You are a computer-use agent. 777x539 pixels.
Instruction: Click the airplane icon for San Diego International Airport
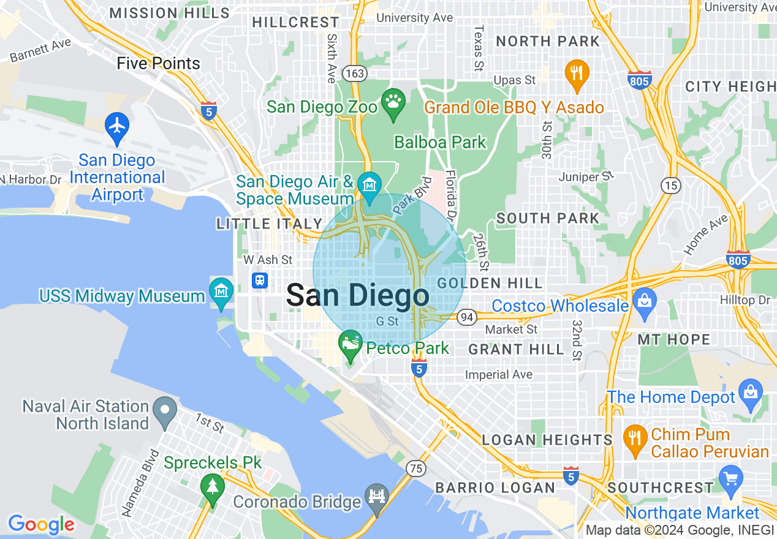116,125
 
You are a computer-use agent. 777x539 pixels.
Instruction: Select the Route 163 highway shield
355,73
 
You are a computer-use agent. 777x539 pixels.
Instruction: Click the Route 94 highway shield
467,317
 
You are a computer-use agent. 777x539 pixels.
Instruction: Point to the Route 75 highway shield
416,469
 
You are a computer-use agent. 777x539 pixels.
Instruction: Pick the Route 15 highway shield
669,184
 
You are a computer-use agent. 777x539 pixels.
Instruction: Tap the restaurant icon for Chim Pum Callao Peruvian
634,437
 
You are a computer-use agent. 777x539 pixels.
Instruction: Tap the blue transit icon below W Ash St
260,281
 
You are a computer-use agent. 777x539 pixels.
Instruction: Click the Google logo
41,524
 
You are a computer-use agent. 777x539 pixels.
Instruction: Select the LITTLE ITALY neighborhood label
270,224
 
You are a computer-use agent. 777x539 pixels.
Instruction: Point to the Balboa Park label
440,143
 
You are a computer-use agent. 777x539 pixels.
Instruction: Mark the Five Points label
158,64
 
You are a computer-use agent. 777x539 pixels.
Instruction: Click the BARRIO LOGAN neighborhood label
495,488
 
